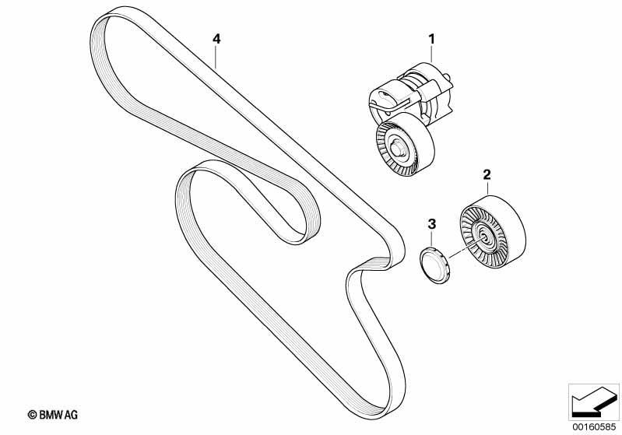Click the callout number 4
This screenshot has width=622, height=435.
(x=216, y=39)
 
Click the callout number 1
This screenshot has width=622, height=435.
(x=431, y=39)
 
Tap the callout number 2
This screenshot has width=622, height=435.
(x=487, y=174)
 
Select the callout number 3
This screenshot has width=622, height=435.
(x=431, y=223)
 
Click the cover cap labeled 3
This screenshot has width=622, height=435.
(x=434, y=265)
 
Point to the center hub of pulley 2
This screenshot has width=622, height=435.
(x=484, y=238)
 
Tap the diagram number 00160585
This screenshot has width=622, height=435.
(x=594, y=427)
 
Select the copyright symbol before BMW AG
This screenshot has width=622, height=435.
(x=32, y=415)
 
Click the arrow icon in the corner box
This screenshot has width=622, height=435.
(x=594, y=402)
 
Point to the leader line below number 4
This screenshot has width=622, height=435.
(x=216, y=58)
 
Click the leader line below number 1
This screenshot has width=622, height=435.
(x=431, y=54)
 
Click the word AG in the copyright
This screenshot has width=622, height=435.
(x=72, y=415)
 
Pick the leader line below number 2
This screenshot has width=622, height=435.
(x=487, y=188)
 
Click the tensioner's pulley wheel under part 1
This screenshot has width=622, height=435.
(x=405, y=144)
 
